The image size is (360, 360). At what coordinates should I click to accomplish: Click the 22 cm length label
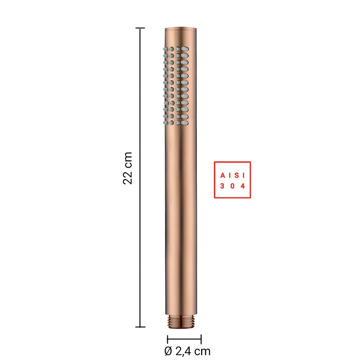coord(128,168)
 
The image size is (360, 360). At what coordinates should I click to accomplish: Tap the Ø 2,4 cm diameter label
coord(187,351)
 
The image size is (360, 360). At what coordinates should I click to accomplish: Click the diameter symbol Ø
coord(168,351)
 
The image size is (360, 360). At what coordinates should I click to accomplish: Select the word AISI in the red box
coord(232,176)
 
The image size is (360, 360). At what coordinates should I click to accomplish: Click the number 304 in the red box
coord(232,186)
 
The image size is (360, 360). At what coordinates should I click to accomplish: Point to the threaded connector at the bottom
coord(181,321)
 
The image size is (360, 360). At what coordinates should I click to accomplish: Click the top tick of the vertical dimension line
coord(140,28)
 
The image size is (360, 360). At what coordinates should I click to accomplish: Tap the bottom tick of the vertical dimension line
coord(140,327)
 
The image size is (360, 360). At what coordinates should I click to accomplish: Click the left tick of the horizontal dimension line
coord(167,339)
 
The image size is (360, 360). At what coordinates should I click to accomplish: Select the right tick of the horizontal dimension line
coord(201,339)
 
